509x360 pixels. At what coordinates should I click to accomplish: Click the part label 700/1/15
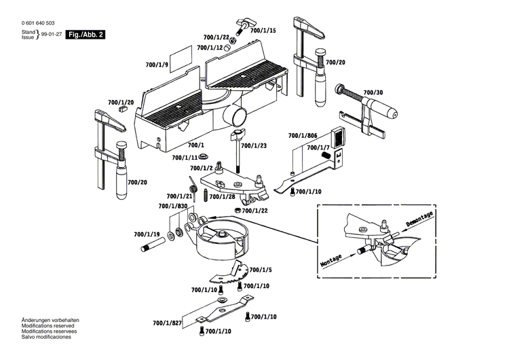click(262, 31)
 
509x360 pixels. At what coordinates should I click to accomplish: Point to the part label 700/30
click(373, 92)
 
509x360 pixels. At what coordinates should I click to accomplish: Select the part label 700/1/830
click(172, 206)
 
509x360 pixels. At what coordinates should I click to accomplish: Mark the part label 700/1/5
click(260, 270)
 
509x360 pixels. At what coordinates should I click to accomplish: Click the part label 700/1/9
click(156, 65)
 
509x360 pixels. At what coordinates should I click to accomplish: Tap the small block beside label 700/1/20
click(124, 107)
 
